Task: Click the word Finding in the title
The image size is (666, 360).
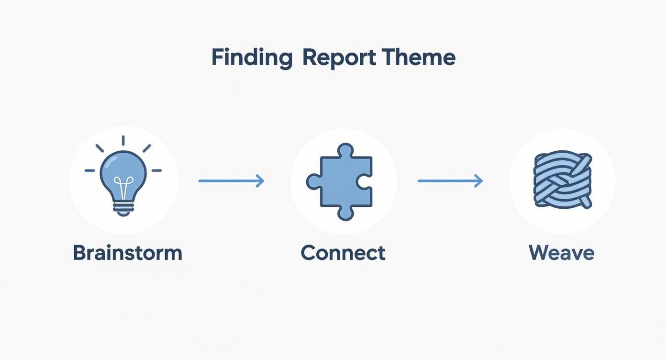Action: point(251,58)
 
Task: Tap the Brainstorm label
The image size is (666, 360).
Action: point(128,252)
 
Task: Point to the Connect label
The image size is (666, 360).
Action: point(343,252)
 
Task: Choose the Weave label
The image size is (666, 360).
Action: point(562,252)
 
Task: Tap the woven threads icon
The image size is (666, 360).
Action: point(562,180)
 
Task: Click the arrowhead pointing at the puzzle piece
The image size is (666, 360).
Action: point(260,180)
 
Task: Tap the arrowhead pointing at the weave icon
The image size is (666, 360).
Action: point(479,180)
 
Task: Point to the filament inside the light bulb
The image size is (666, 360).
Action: point(123,187)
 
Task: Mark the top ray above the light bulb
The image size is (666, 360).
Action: point(123,140)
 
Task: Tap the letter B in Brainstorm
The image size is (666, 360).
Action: point(79,252)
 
